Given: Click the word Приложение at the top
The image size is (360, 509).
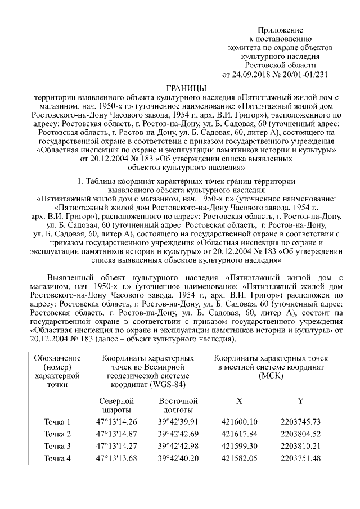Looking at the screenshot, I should tap(280, 30).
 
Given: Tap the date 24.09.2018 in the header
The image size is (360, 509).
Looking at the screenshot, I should tap(251, 74).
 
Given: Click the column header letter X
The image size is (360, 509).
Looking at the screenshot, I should tap(239, 401).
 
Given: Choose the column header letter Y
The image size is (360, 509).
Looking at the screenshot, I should tap(301, 401).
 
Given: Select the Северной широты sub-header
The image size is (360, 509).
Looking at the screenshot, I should tap(116, 406).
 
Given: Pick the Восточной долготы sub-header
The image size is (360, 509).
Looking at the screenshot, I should tap(178, 406).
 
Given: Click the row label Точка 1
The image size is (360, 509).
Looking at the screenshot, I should tap(58, 422).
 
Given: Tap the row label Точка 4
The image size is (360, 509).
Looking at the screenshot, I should tap(58, 458).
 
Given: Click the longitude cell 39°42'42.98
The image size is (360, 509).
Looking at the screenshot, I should tap(178, 447).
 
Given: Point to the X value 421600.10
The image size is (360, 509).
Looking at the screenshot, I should tap(239, 422).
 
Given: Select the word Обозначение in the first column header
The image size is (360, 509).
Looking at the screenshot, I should tap(57, 358).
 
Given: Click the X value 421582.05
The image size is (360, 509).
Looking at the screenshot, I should tap(239, 458).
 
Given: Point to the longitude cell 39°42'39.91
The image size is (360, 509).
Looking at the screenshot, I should tap(178, 422).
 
